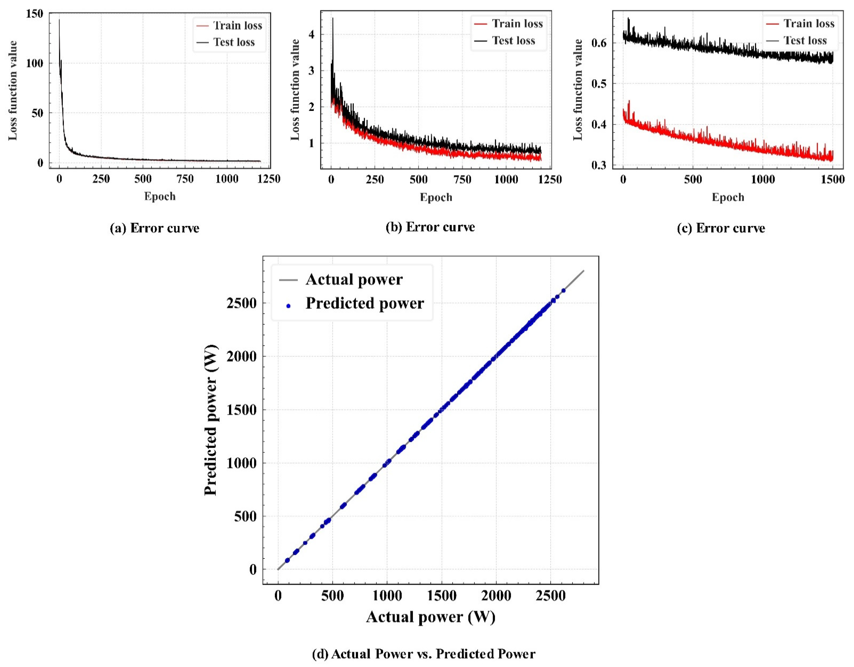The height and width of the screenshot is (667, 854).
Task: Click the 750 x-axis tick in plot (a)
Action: [x=185, y=179]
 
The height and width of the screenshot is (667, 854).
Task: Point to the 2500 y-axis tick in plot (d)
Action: [x=241, y=303]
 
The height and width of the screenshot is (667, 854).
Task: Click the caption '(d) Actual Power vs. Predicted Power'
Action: [x=424, y=654]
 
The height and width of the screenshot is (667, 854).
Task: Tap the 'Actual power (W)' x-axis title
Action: [x=430, y=617]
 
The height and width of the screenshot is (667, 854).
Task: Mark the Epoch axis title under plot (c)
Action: [x=728, y=197]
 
